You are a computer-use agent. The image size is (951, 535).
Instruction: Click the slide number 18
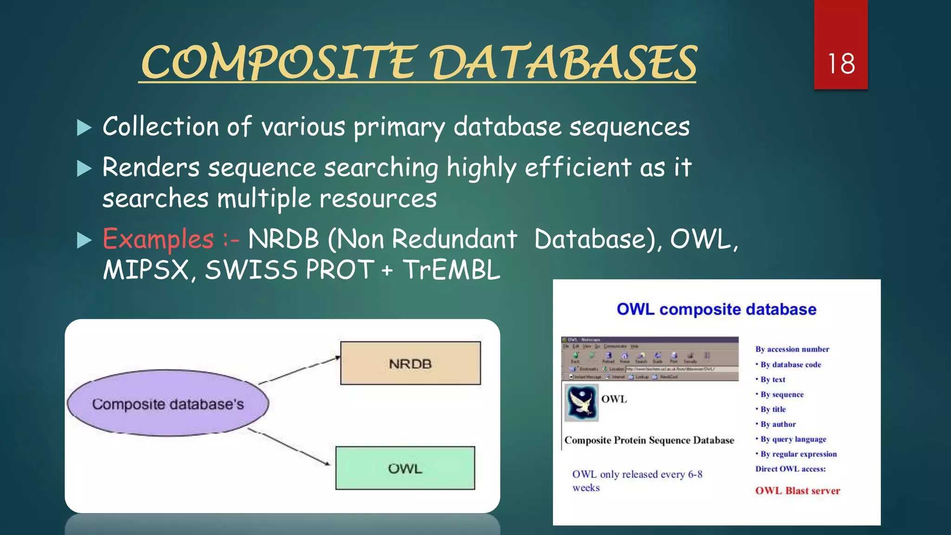(841, 64)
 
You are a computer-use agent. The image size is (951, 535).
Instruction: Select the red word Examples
(158, 239)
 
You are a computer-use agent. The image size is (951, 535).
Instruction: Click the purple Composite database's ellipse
(168, 404)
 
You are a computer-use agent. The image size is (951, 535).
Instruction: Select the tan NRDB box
(410, 363)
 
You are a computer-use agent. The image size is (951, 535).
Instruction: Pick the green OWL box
(405, 468)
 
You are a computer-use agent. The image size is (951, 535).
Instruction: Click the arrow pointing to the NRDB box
(300, 370)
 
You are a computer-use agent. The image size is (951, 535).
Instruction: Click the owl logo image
(581, 402)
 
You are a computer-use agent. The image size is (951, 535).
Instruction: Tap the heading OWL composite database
(716, 309)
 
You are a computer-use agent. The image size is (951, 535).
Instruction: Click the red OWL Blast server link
(797, 491)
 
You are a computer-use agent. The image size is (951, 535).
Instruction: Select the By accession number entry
(792, 349)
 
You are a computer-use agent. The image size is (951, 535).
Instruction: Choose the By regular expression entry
(798, 454)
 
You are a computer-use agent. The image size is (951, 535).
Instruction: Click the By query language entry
(793, 439)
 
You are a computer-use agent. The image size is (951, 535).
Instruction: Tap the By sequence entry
(782, 395)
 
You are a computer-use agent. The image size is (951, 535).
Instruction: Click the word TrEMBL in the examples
(451, 270)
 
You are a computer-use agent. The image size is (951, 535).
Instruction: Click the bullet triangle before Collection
(84, 128)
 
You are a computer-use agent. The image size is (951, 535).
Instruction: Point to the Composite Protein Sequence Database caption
(649, 440)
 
